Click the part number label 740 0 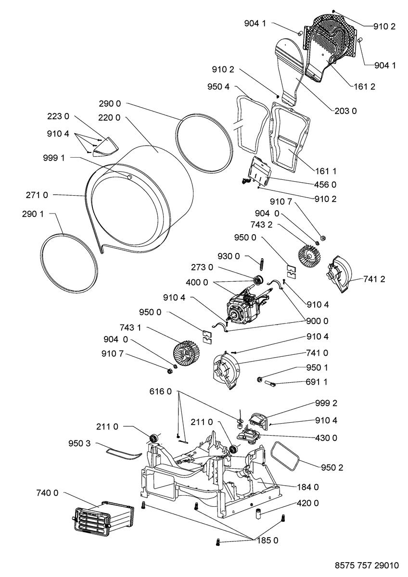[x=47, y=492]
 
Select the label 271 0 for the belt [x=37, y=195]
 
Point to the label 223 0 [x=59, y=116]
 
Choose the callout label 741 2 [x=374, y=279]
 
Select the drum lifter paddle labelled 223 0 [x=106, y=145]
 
